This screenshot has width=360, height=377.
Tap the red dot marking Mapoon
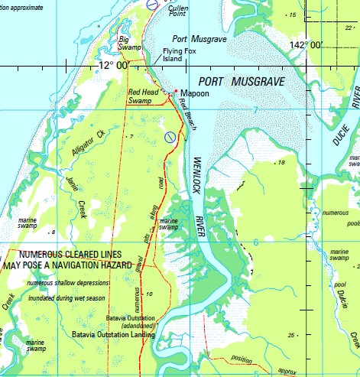[176, 91]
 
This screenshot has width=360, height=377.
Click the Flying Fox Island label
[178, 56]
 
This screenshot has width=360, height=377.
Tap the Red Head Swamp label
[143, 96]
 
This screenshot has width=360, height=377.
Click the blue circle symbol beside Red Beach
[170, 137]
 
